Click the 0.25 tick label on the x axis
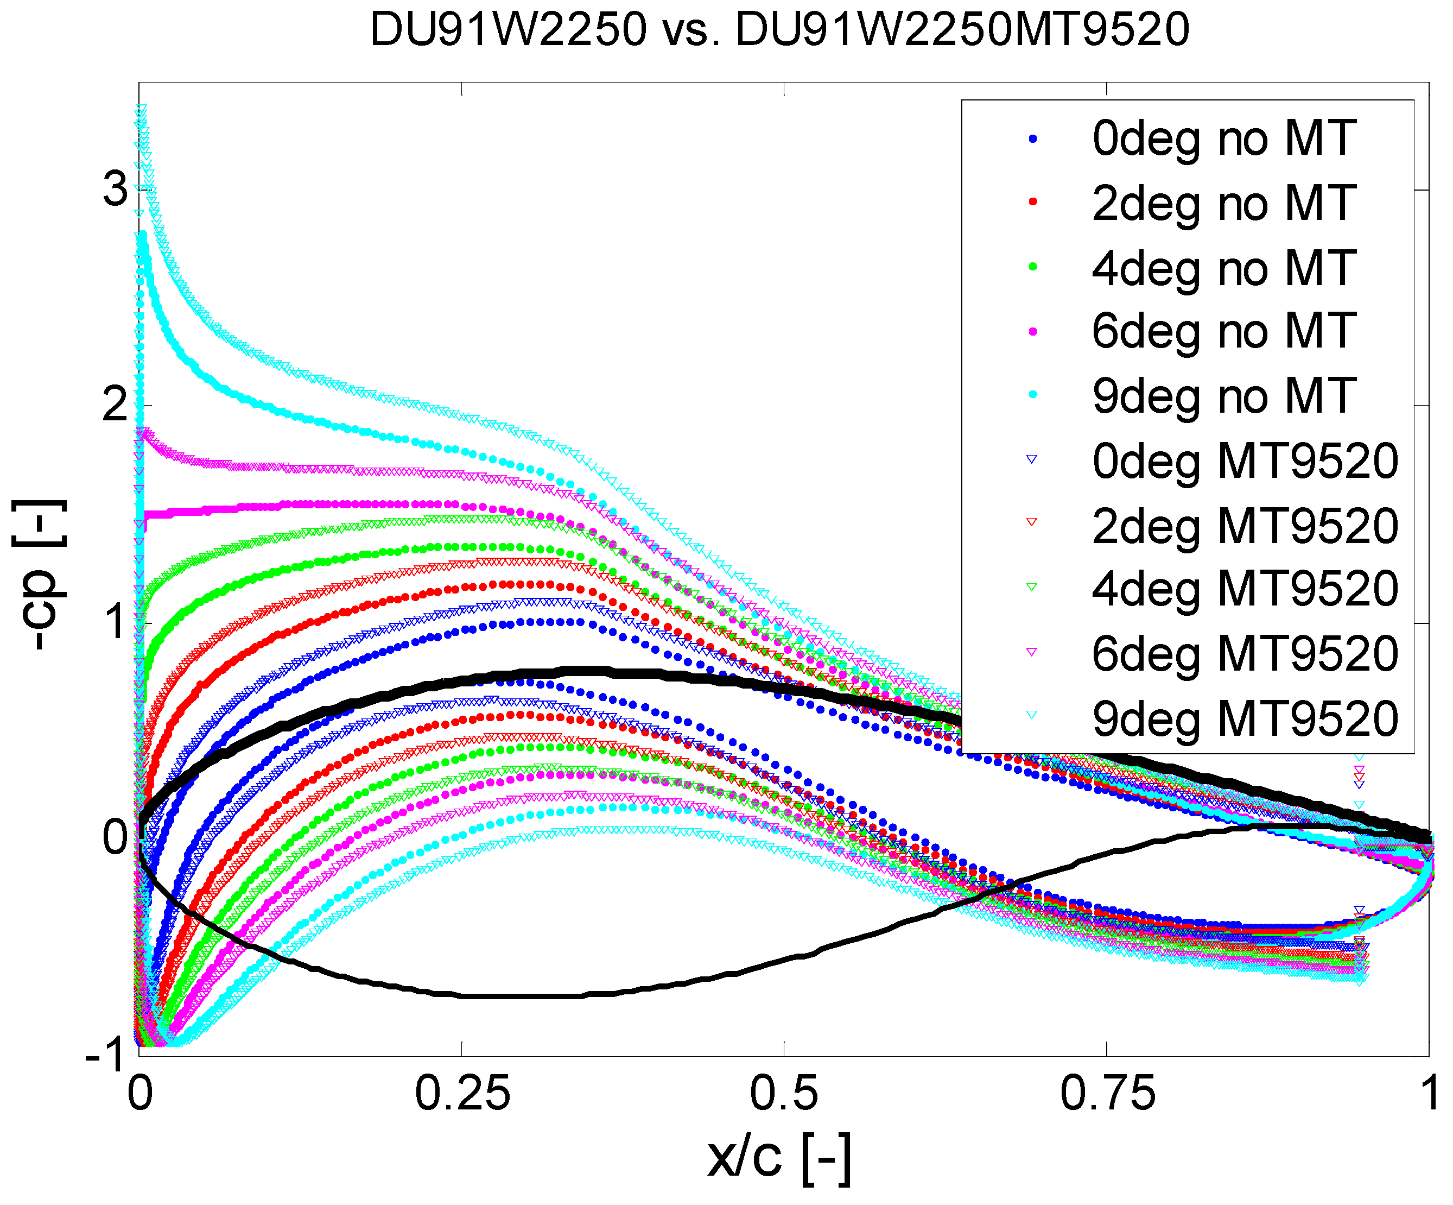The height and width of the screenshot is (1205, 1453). [462, 1094]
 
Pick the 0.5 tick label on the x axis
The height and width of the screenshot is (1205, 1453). [784, 1094]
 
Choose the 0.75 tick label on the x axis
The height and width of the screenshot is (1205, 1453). [1107, 1094]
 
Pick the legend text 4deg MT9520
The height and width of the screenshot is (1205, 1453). [1245, 589]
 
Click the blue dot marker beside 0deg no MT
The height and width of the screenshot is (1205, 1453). [1033, 138]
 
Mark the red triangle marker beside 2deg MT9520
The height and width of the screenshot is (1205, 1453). [1032, 522]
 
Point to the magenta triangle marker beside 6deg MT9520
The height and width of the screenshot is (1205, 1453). [1032, 651]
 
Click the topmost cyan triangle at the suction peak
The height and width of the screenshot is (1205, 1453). [141, 109]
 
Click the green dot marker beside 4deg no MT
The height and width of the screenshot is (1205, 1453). [1033, 267]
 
